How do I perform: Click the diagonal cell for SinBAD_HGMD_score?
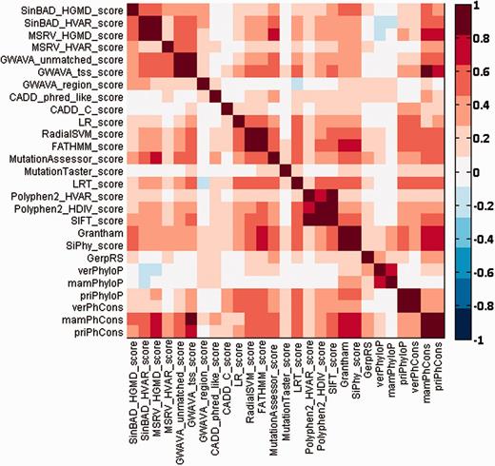pos(132,10)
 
